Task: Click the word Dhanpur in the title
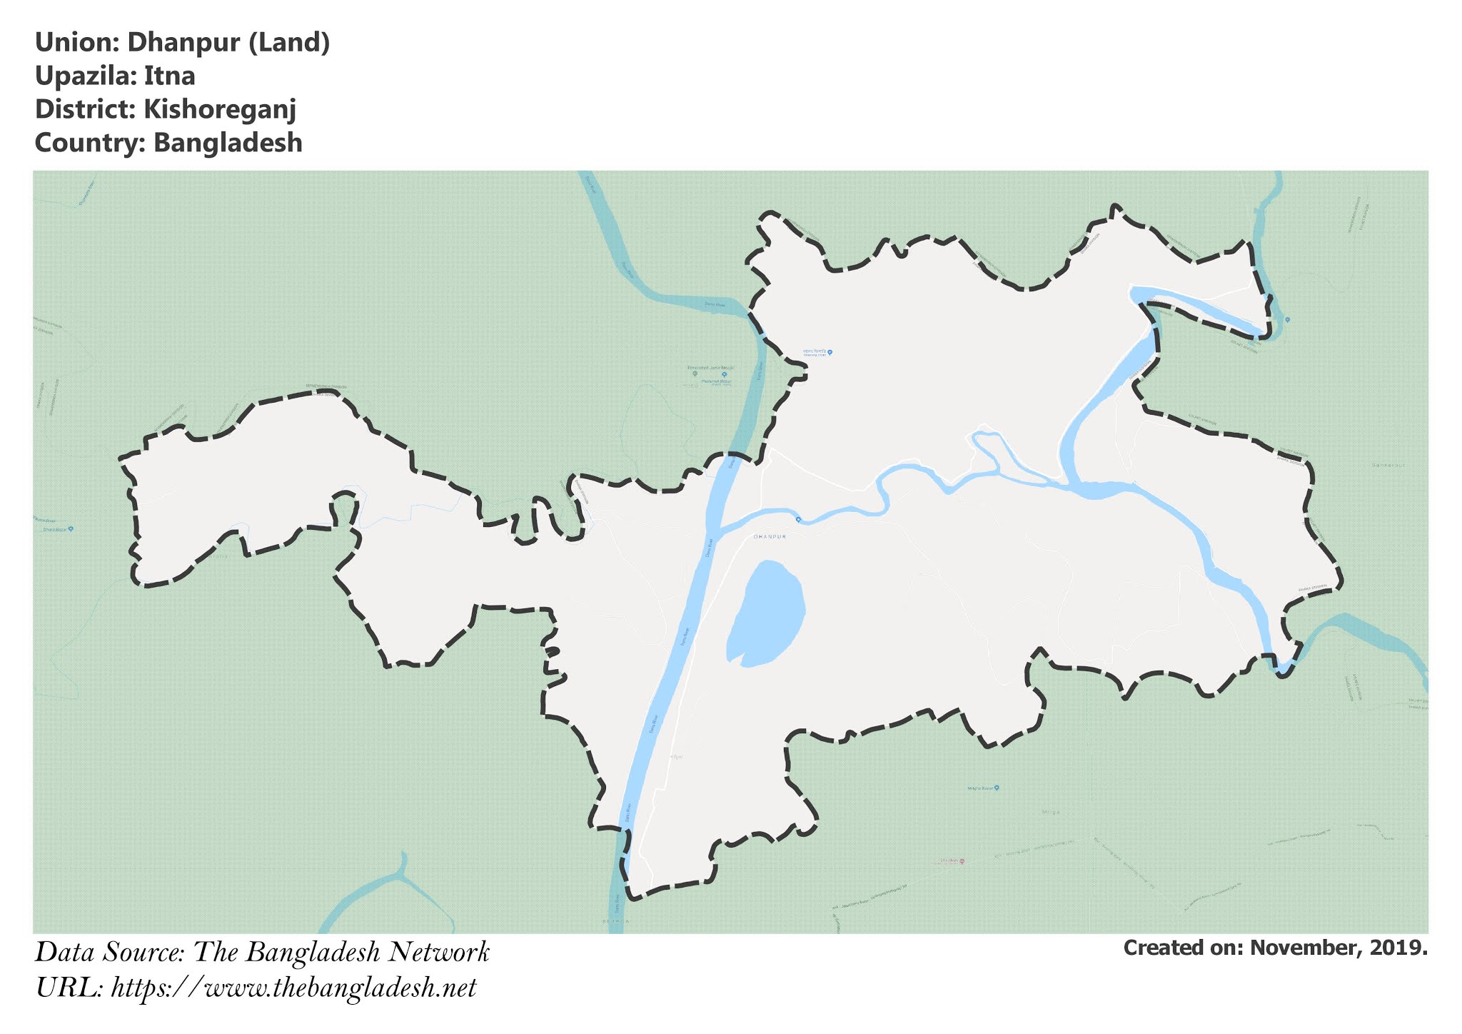point(183,43)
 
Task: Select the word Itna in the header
point(169,76)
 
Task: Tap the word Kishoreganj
point(219,109)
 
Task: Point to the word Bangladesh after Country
point(228,143)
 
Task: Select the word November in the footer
point(1305,948)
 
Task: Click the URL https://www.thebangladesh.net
point(293,988)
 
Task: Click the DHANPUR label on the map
point(770,536)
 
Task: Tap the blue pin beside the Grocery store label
point(830,352)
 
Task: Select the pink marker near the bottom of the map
point(962,861)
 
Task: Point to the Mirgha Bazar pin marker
point(997,788)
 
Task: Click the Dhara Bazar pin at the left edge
point(71,529)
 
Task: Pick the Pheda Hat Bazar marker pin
point(724,374)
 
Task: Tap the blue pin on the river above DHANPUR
point(798,518)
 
